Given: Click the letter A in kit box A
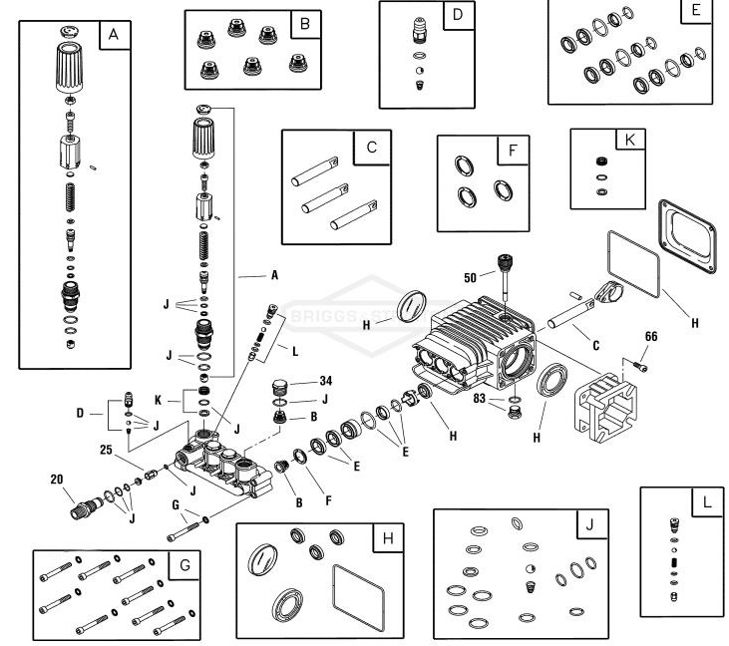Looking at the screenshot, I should click(x=113, y=35).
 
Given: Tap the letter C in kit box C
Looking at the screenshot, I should click(x=370, y=148).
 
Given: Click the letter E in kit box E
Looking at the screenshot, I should click(x=696, y=12).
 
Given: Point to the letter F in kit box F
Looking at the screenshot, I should click(x=511, y=152).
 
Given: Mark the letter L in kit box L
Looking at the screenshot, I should click(x=706, y=502).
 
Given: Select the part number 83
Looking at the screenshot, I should click(x=481, y=399).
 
